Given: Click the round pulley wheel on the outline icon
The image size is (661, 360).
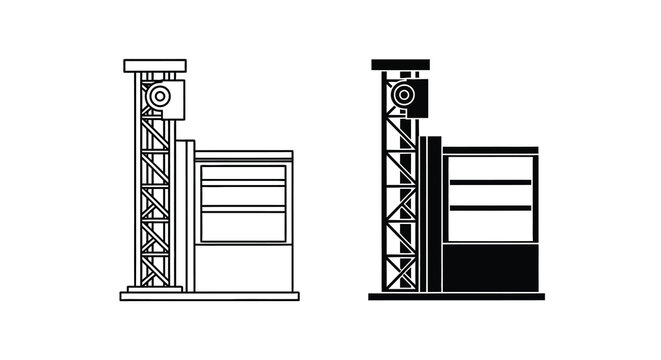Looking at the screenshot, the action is click(x=156, y=97).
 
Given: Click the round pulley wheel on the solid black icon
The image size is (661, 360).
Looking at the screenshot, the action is click(x=403, y=96).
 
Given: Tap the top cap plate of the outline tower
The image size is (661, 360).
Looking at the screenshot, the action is click(x=155, y=65).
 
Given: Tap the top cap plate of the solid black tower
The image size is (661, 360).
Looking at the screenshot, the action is click(x=400, y=64).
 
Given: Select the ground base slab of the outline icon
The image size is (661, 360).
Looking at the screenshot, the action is click(x=209, y=296).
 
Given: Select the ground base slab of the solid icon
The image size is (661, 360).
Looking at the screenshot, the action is click(x=456, y=297).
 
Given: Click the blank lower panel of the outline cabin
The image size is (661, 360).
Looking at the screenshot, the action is click(x=243, y=267).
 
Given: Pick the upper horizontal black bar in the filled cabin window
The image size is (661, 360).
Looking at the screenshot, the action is click(x=490, y=182).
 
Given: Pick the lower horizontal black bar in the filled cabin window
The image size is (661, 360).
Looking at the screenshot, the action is click(x=490, y=207).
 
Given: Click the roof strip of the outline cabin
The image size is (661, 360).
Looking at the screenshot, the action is click(x=244, y=155).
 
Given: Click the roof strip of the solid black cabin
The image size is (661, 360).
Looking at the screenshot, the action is click(x=490, y=150).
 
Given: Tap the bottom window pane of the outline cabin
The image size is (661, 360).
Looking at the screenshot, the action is click(x=243, y=226).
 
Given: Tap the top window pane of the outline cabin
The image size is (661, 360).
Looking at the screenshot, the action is click(x=243, y=173).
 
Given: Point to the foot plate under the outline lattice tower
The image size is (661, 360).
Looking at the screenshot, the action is click(x=155, y=289).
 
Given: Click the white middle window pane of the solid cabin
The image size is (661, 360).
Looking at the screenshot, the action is click(x=490, y=194).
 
